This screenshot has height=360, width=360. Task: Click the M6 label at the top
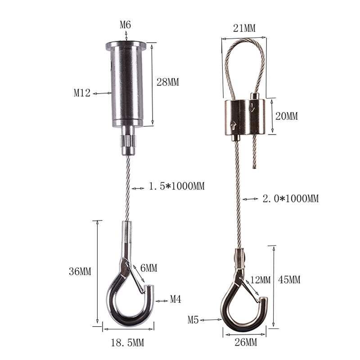coord(126,25)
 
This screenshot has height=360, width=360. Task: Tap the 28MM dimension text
coord(167,82)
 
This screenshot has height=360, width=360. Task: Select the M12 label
coord(82,93)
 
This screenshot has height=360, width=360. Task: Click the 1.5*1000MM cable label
coord(176,186)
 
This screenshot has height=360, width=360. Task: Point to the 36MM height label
coord(80,271)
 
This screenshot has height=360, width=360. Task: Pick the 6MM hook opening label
coord(148,268)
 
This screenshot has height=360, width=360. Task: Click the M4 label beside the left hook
coord(175,299)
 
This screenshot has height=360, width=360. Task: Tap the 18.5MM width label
coord(127,343)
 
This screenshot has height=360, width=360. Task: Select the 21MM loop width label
coord(244,28)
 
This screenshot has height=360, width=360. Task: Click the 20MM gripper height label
coord(286,116)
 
